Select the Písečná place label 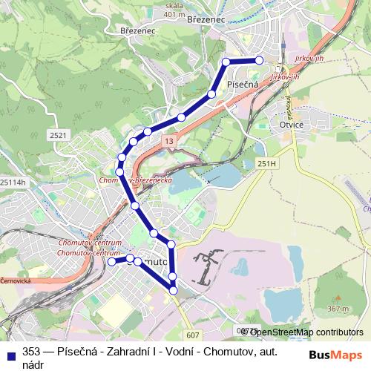tap(243, 84)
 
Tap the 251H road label tap(266, 162)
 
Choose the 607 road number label tap(193, 335)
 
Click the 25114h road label tap(13, 182)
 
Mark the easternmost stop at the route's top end tap(259, 60)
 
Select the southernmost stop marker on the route tap(174, 290)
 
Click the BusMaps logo tap(335, 354)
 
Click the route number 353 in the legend tap(31, 352)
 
